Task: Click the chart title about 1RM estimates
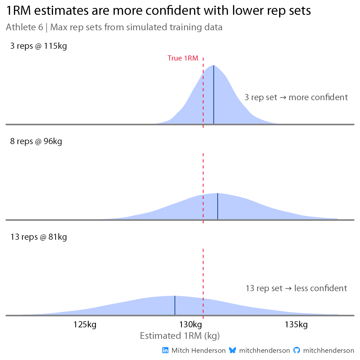coord(158,11)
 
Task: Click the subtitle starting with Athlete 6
coord(114,27)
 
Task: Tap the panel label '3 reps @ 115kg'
coord(39,46)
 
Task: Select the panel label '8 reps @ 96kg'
coord(36,141)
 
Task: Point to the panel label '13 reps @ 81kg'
coord(39,237)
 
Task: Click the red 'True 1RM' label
coord(183,58)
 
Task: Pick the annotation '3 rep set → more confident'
coord(296,97)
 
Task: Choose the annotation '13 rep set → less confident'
coord(296,288)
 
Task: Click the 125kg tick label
coord(85,325)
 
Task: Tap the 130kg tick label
coord(191,325)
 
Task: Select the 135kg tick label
coord(296,325)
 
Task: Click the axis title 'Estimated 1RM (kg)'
coord(180,336)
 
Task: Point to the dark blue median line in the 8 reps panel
coord(217,206)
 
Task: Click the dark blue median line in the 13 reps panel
coord(175,305)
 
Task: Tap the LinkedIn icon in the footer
coord(166,350)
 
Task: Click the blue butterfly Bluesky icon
coord(232,350)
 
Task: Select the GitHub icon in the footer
coord(297,350)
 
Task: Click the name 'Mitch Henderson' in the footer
coord(198,351)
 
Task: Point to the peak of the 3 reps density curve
coord(213,66)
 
